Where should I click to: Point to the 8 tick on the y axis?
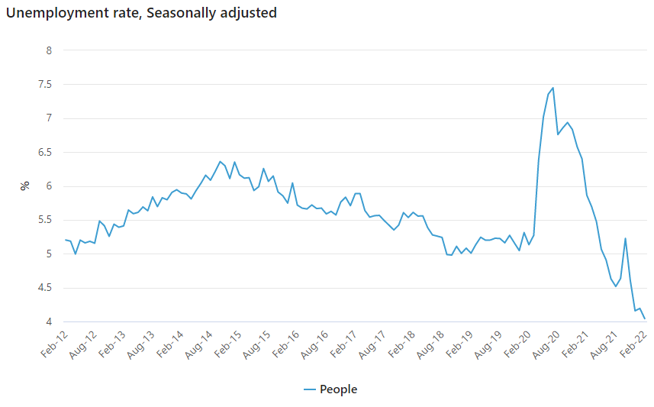[49, 50]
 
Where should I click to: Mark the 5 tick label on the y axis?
[49, 254]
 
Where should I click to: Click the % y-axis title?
[25, 186]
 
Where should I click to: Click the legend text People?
[338, 389]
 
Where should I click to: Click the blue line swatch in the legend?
[309, 389]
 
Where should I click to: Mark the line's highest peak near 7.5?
[553, 88]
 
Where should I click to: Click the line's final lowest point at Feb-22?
[645, 318]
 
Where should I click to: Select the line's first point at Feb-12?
[66, 240]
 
